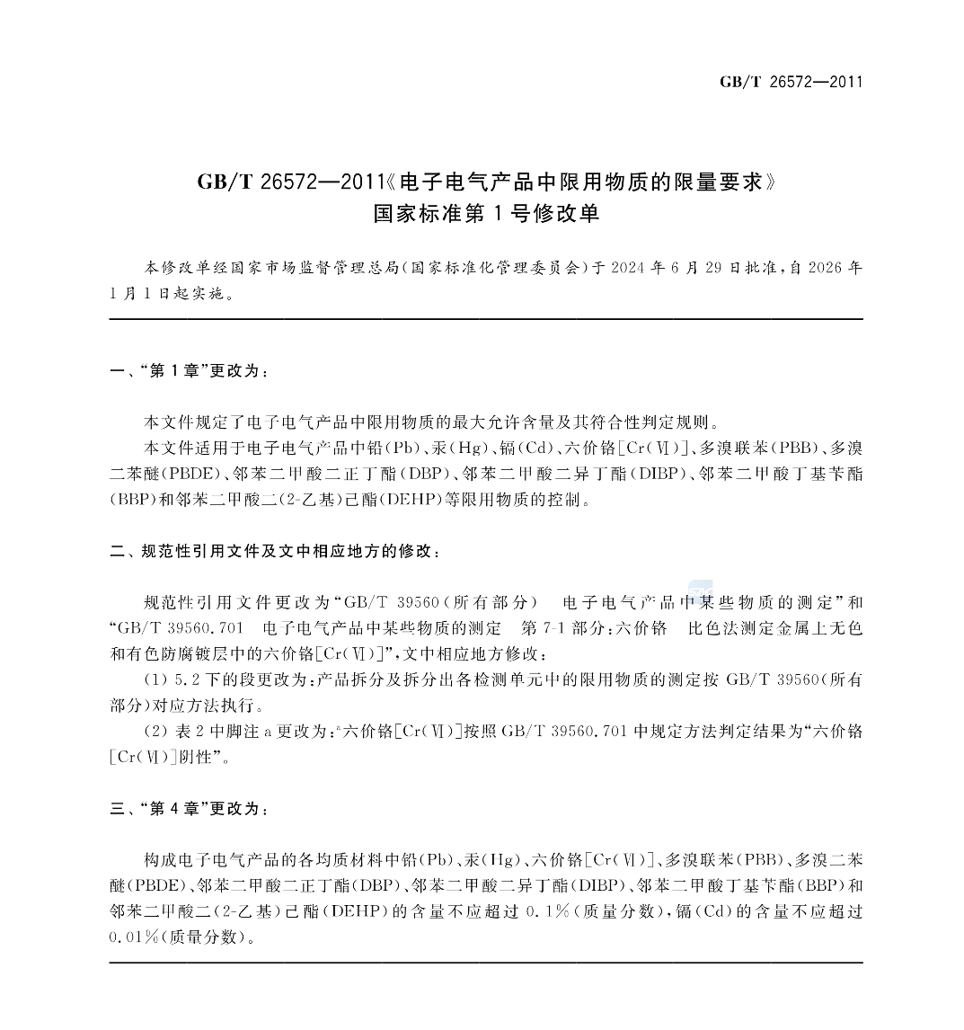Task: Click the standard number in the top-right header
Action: (791, 82)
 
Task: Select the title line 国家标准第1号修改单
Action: (485, 215)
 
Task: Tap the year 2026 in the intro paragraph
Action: (826, 268)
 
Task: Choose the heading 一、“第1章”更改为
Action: (189, 371)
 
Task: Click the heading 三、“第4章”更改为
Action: (189, 809)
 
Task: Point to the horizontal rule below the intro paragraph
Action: (485, 319)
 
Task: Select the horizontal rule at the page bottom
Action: (485, 963)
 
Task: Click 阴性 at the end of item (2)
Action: (193, 757)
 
